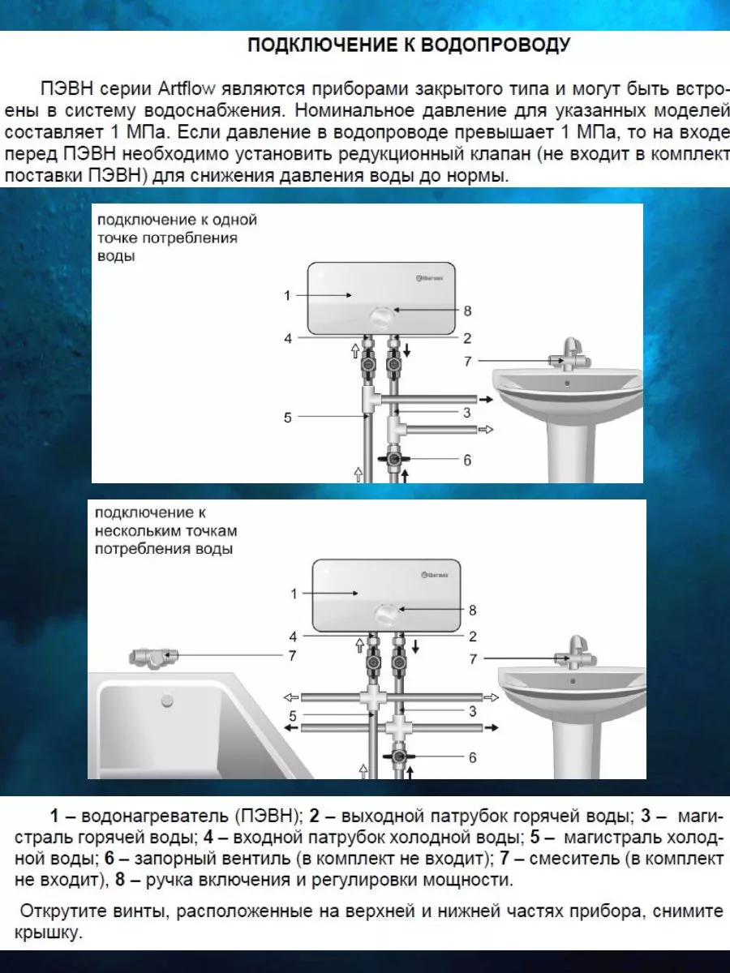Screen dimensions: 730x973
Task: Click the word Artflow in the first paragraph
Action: [187, 88]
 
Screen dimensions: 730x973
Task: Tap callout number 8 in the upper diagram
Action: [467, 311]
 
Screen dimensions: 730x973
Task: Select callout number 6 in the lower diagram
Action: [473, 757]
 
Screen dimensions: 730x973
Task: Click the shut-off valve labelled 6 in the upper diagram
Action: [393, 459]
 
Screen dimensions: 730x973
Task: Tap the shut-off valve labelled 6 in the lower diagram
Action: [398, 757]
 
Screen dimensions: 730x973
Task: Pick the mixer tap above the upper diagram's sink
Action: [569, 355]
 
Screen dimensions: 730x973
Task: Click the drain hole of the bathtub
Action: [167, 701]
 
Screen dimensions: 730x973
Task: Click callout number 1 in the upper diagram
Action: [287, 295]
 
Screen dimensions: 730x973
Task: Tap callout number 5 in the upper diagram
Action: [288, 418]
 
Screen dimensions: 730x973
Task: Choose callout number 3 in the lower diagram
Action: [473, 711]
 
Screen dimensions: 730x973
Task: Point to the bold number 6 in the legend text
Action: [109, 858]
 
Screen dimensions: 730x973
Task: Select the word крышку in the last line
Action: [49, 933]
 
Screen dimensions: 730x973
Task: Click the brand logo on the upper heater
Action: [430, 278]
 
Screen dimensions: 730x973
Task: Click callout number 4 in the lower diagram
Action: [293, 637]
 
